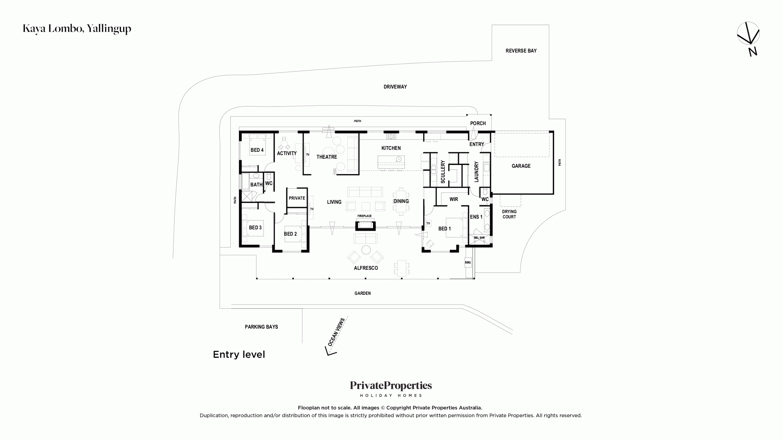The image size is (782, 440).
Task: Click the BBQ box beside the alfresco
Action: pos(468,262)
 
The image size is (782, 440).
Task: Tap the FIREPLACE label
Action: pos(364,216)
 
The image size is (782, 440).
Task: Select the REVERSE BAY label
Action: pos(521,51)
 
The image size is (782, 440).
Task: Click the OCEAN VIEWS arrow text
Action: pos(336,332)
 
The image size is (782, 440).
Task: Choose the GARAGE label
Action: pos(521,166)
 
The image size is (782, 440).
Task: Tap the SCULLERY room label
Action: pos(443,172)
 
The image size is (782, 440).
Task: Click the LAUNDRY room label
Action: pos(476,172)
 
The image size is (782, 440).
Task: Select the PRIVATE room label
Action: pos(297,198)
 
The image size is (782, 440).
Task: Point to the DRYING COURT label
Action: pos(509,214)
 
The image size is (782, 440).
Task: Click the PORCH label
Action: pos(478,123)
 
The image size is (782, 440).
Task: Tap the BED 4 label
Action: pos(257,150)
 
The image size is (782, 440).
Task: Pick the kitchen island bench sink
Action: pos(399,159)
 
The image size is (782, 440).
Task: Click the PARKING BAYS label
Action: pos(261,327)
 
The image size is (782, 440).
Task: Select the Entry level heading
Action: pos(239,354)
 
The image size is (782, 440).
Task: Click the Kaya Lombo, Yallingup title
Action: pos(77,29)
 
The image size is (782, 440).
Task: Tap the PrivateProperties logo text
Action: pos(391,386)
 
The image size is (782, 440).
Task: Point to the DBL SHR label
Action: pos(479,238)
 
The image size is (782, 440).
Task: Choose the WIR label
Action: pos(454,199)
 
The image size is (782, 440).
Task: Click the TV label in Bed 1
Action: pos(428,223)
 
